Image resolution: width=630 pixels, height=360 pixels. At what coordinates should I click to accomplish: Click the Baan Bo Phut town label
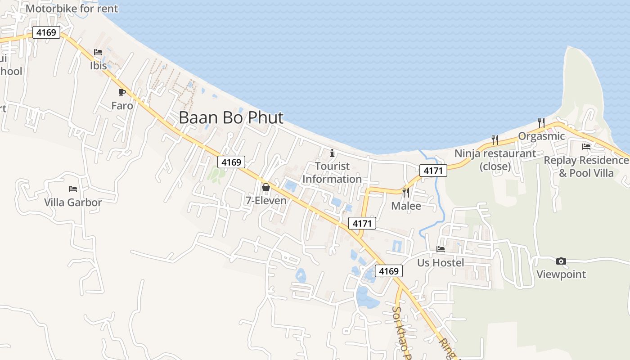click(x=231, y=118)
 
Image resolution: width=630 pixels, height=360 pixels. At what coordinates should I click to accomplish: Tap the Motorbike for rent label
click(x=72, y=9)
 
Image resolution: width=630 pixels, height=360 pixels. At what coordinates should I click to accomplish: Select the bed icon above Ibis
click(x=98, y=52)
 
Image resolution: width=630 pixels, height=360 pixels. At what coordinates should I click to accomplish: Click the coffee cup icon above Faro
click(x=121, y=92)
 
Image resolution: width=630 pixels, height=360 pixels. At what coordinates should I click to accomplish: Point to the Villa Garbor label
click(x=73, y=202)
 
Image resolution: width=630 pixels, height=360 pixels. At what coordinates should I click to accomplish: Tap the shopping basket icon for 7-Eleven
click(x=266, y=187)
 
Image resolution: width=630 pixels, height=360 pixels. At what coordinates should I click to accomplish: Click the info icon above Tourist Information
click(x=332, y=153)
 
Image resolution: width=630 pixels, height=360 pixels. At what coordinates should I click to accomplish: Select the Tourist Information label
click(x=332, y=173)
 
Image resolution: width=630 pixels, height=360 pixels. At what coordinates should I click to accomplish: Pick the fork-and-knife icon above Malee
click(x=406, y=193)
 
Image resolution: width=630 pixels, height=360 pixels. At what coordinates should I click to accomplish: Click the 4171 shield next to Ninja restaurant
click(x=434, y=171)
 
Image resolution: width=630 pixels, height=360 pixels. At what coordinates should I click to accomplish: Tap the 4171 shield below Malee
click(x=362, y=223)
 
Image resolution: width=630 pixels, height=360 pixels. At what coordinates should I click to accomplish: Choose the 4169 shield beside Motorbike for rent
click(x=46, y=32)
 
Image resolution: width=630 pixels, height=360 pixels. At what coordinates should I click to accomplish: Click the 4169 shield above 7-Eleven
click(x=231, y=162)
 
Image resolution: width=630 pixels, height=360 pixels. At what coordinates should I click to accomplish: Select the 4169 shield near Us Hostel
click(x=389, y=271)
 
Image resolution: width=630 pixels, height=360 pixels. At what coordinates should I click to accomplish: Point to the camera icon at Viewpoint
click(x=561, y=261)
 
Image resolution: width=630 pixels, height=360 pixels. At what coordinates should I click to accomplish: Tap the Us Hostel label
click(x=441, y=263)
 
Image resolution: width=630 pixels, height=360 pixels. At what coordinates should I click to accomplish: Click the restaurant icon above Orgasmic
click(x=541, y=122)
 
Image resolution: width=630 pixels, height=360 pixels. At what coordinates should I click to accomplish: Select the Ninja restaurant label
click(x=495, y=160)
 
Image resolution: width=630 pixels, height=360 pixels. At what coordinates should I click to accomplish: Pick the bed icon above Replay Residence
click(x=586, y=146)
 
